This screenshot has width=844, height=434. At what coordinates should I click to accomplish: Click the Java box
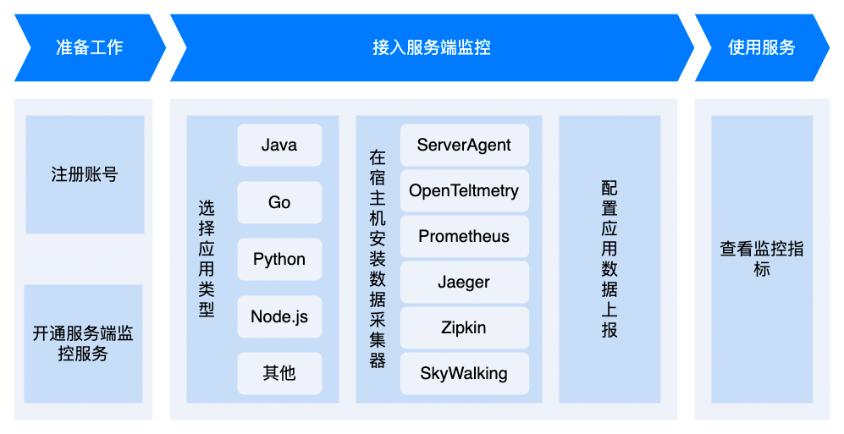[x=279, y=146]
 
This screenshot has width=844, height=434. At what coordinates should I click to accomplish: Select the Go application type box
[x=279, y=202]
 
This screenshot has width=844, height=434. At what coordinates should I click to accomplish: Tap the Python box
[x=279, y=259]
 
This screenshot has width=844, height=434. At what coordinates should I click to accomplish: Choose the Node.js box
[x=279, y=316]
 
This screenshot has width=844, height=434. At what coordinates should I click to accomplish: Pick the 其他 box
[x=279, y=373]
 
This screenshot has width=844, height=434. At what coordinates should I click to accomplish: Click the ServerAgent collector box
[x=465, y=146]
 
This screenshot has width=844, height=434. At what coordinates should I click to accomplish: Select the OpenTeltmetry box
[x=465, y=191]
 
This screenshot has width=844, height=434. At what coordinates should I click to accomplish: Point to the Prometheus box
[x=465, y=237]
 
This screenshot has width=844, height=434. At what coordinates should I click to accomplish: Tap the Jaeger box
[x=465, y=283]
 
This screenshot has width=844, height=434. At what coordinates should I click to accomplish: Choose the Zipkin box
[x=465, y=327]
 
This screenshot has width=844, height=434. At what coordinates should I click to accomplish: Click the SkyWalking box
[x=465, y=373]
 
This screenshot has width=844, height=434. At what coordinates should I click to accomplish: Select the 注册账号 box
[x=85, y=175]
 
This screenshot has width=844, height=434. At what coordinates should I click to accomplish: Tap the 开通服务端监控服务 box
[x=84, y=343]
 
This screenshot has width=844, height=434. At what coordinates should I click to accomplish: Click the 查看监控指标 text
[x=762, y=259]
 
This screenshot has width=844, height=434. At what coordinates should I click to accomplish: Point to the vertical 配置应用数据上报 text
[x=610, y=259]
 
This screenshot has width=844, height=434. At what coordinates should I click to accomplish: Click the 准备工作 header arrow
[x=90, y=48]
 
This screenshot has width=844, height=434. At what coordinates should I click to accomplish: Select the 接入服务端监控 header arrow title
[x=432, y=47]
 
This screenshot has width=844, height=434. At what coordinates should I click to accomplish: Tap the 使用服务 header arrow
[x=762, y=48]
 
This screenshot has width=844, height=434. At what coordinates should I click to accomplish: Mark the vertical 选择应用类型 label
[x=207, y=259]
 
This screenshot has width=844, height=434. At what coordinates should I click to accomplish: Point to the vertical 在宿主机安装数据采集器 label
[x=378, y=259]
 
